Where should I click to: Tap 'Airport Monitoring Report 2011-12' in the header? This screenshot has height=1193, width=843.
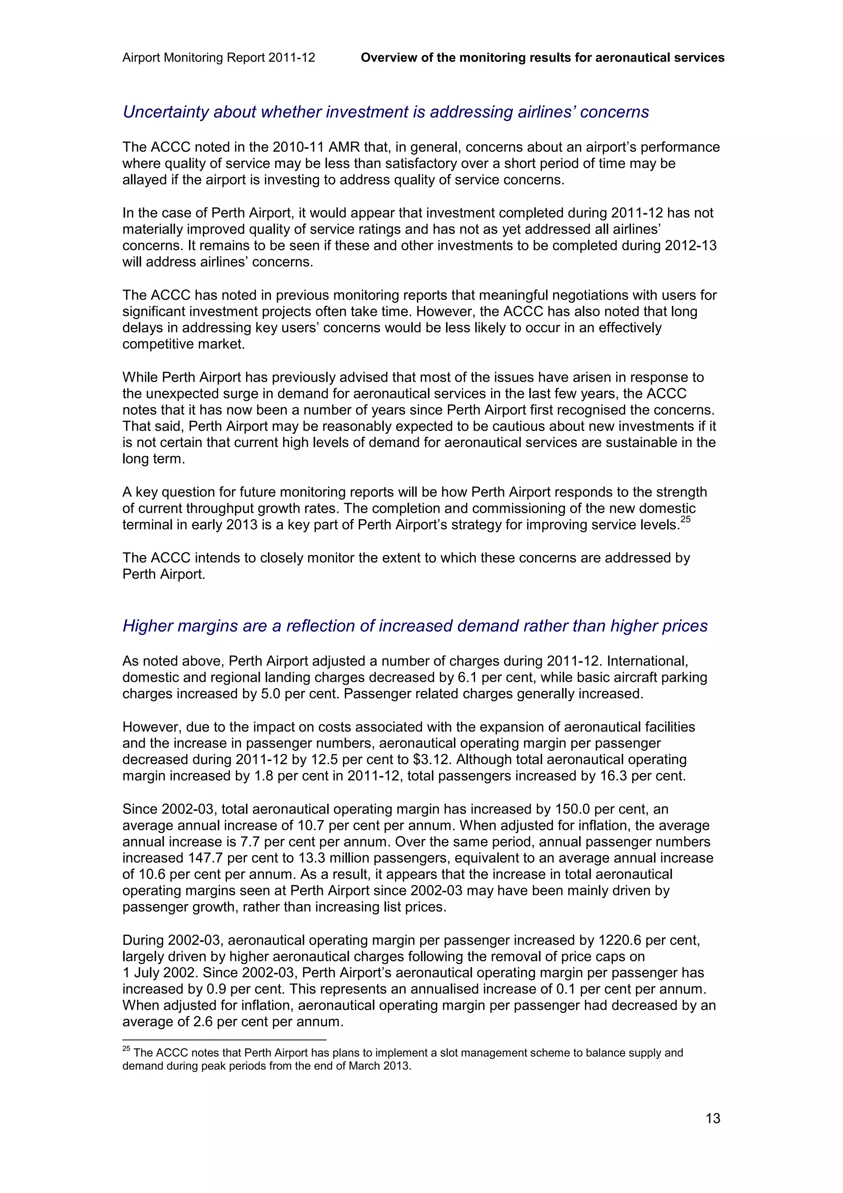pos(219,58)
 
